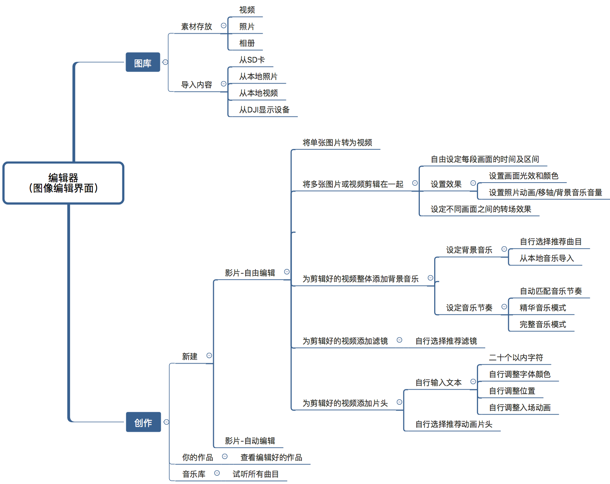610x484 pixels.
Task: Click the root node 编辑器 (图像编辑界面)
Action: click(x=63, y=183)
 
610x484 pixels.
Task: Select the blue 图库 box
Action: click(x=143, y=63)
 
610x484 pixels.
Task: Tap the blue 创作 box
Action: click(x=143, y=422)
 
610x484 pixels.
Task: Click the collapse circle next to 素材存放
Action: click(x=223, y=26)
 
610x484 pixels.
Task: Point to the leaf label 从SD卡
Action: click(x=252, y=60)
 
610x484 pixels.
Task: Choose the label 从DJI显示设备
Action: click(x=264, y=110)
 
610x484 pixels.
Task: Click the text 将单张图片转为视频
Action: click(x=337, y=143)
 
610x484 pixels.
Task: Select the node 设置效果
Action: click(x=446, y=184)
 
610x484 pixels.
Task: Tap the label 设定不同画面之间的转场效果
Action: click(x=481, y=209)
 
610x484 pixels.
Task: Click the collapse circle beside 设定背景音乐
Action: click(x=504, y=249)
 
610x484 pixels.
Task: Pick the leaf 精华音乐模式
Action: click(x=543, y=308)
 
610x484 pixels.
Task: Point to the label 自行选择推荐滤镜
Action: click(x=446, y=341)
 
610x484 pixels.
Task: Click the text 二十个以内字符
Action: click(x=516, y=358)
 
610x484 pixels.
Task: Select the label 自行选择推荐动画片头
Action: click(x=454, y=424)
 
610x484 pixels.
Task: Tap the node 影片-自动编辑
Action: click(x=250, y=441)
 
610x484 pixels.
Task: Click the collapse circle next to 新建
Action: click(x=209, y=356)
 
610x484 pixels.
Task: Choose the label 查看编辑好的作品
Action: click(x=271, y=457)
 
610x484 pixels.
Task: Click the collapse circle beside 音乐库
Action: click(x=217, y=473)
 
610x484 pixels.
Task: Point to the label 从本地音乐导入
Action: click(x=547, y=258)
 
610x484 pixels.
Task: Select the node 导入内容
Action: click(x=196, y=85)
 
